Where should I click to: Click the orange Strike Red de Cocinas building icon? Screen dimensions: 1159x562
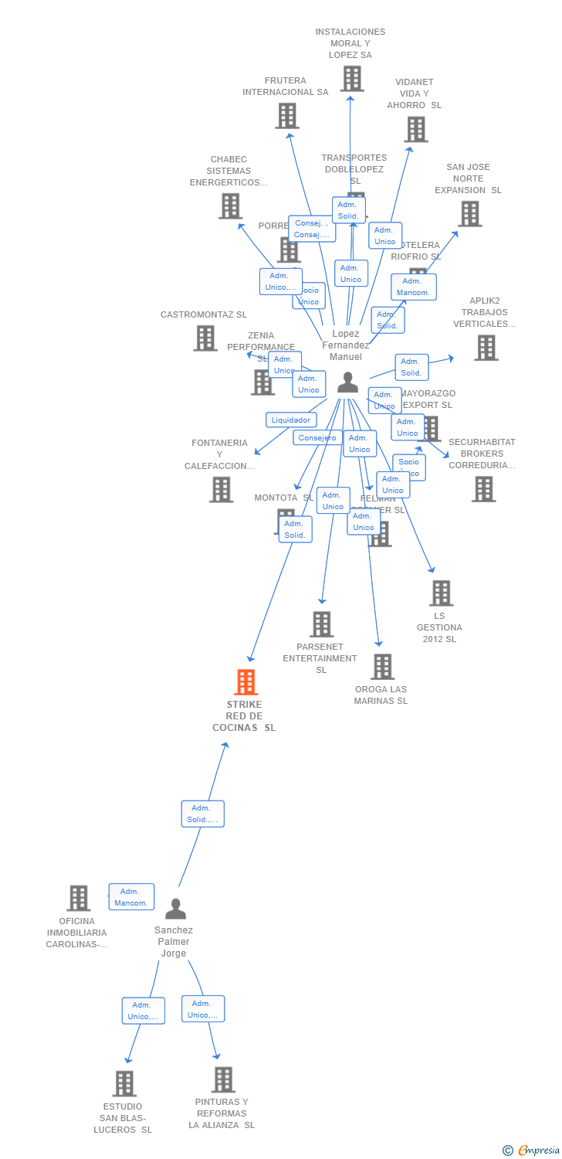pyautogui.click(x=245, y=682)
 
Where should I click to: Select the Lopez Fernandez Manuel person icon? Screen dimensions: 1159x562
pyautogui.click(x=347, y=382)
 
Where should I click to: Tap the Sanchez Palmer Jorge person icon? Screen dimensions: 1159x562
pyautogui.click(x=175, y=909)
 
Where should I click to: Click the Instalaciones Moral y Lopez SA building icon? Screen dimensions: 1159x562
pyautogui.click(x=352, y=78)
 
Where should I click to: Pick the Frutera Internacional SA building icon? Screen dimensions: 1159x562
pyautogui.click(x=287, y=116)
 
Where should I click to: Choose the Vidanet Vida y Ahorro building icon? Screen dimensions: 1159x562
pyautogui.click(x=415, y=129)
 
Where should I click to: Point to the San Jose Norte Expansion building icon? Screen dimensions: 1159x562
pyautogui.click(x=469, y=214)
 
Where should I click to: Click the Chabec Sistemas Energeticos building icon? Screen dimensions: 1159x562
pyautogui.click(x=230, y=206)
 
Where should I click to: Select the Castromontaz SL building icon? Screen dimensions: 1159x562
pyautogui.click(x=205, y=338)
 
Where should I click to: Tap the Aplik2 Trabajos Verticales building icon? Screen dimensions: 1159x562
pyautogui.click(x=486, y=348)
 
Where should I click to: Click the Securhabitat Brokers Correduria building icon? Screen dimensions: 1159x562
pyautogui.click(x=483, y=489)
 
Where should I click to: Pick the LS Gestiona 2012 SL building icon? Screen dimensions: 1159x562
pyautogui.click(x=441, y=593)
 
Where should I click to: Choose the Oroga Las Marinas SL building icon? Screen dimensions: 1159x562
pyautogui.click(x=382, y=667)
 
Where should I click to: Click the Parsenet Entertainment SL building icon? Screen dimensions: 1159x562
pyautogui.click(x=321, y=624)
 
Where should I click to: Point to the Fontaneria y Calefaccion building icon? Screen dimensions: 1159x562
pyautogui.click(x=221, y=489)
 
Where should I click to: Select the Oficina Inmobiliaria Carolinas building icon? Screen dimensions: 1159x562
pyautogui.click(x=78, y=899)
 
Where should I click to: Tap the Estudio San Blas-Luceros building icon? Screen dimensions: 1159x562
pyautogui.click(x=124, y=1083)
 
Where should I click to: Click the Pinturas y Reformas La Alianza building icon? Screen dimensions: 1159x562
pyautogui.click(x=223, y=1079)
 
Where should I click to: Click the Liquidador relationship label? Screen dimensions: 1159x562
pyautogui.click(x=291, y=420)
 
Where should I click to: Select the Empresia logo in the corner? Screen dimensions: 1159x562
pyautogui.click(x=532, y=1151)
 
